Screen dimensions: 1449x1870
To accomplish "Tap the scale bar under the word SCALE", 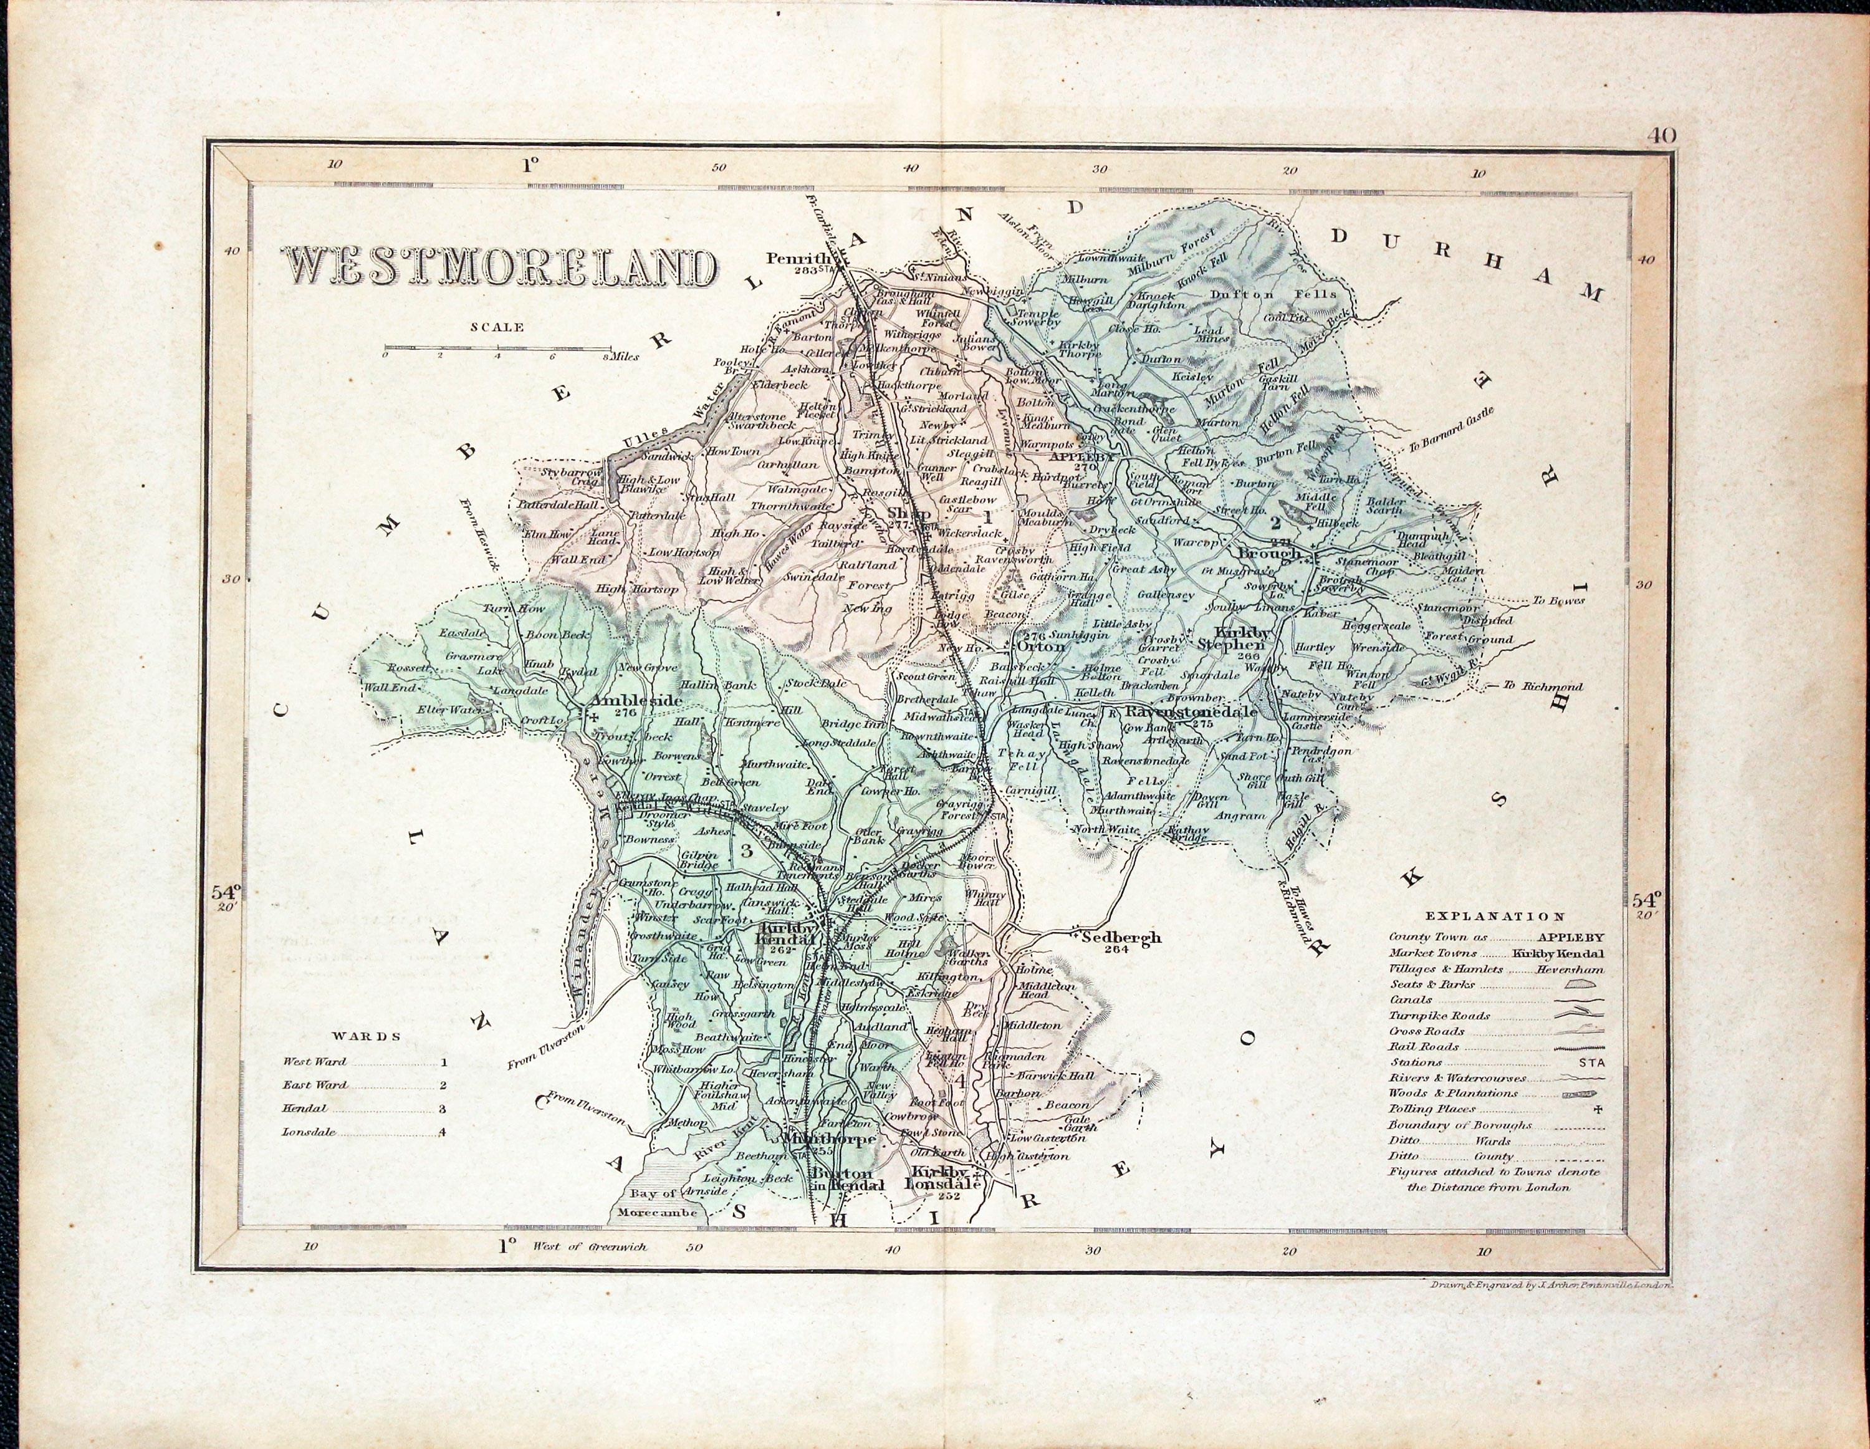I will coord(497,349).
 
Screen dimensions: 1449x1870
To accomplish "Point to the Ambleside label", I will coord(637,701).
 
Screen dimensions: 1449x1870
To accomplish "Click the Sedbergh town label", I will coord(1121,938).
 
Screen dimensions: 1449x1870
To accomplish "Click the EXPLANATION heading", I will coord(1495,915).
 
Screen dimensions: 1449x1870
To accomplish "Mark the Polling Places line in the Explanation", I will coord(1432,1109).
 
